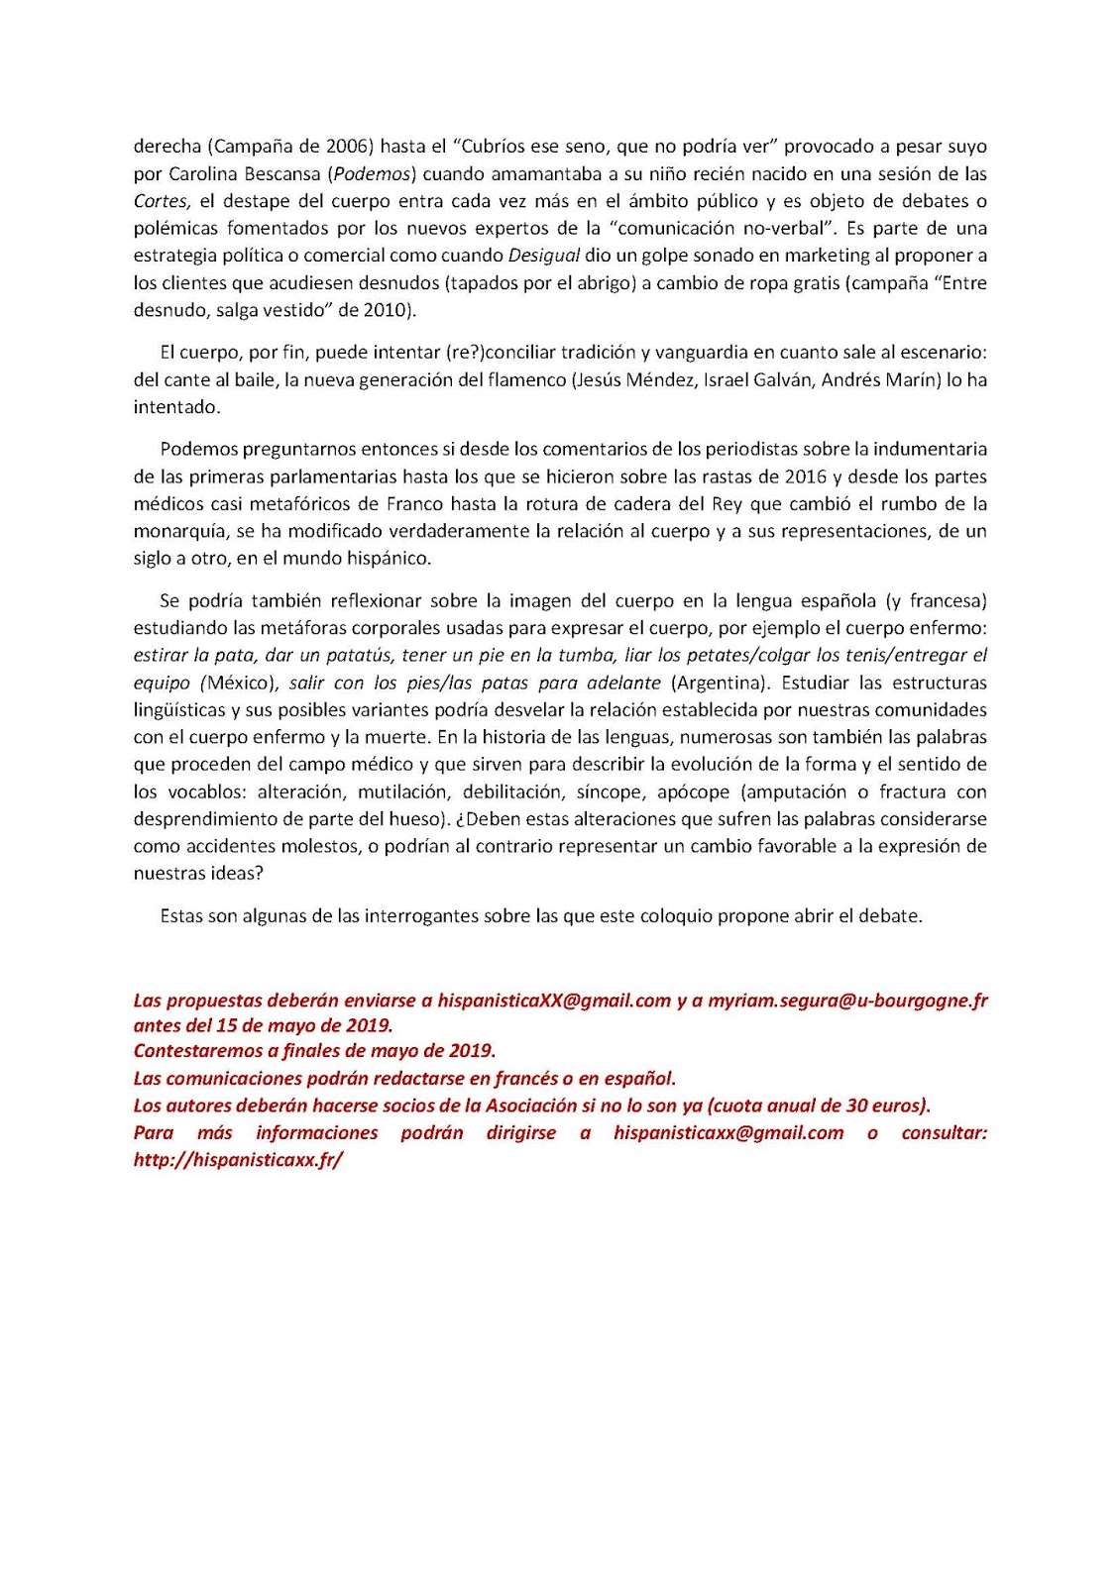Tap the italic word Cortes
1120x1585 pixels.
pyautogui.click(x=161, y=201)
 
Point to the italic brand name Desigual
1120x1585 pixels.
pyautogui.click(x=543, y=256)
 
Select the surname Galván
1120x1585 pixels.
pyautogui.click(x=784, y=380)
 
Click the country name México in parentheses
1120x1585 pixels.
pyautogui.click(x=243, y=684)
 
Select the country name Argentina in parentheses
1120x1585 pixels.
pyautogui.click(x=720, y=684)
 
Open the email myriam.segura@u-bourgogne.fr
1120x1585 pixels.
pyautogui.click(x=847, y=1001)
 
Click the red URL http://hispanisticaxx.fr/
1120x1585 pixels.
pyautogui.click(x=238, y=1160)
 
